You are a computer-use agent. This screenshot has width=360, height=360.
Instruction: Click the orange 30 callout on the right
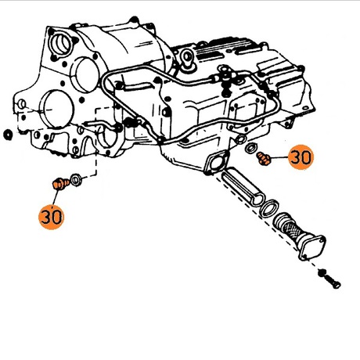pos(301,157)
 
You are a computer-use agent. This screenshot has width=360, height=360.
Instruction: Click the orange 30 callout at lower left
pos(52,217)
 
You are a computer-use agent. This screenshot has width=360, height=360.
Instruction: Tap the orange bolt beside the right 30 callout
pos(264,159)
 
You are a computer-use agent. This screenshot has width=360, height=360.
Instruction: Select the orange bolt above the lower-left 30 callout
pos(61,183)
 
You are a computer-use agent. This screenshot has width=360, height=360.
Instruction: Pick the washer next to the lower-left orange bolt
pos(77,180)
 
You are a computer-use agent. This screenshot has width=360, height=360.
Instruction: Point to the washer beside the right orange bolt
pos(251,149)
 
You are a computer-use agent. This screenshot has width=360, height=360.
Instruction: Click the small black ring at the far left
pos(8,135)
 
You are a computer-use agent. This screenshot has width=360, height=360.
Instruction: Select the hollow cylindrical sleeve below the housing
pos(243,186)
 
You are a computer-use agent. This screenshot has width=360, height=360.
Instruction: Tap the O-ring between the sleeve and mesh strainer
pos(269,208)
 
